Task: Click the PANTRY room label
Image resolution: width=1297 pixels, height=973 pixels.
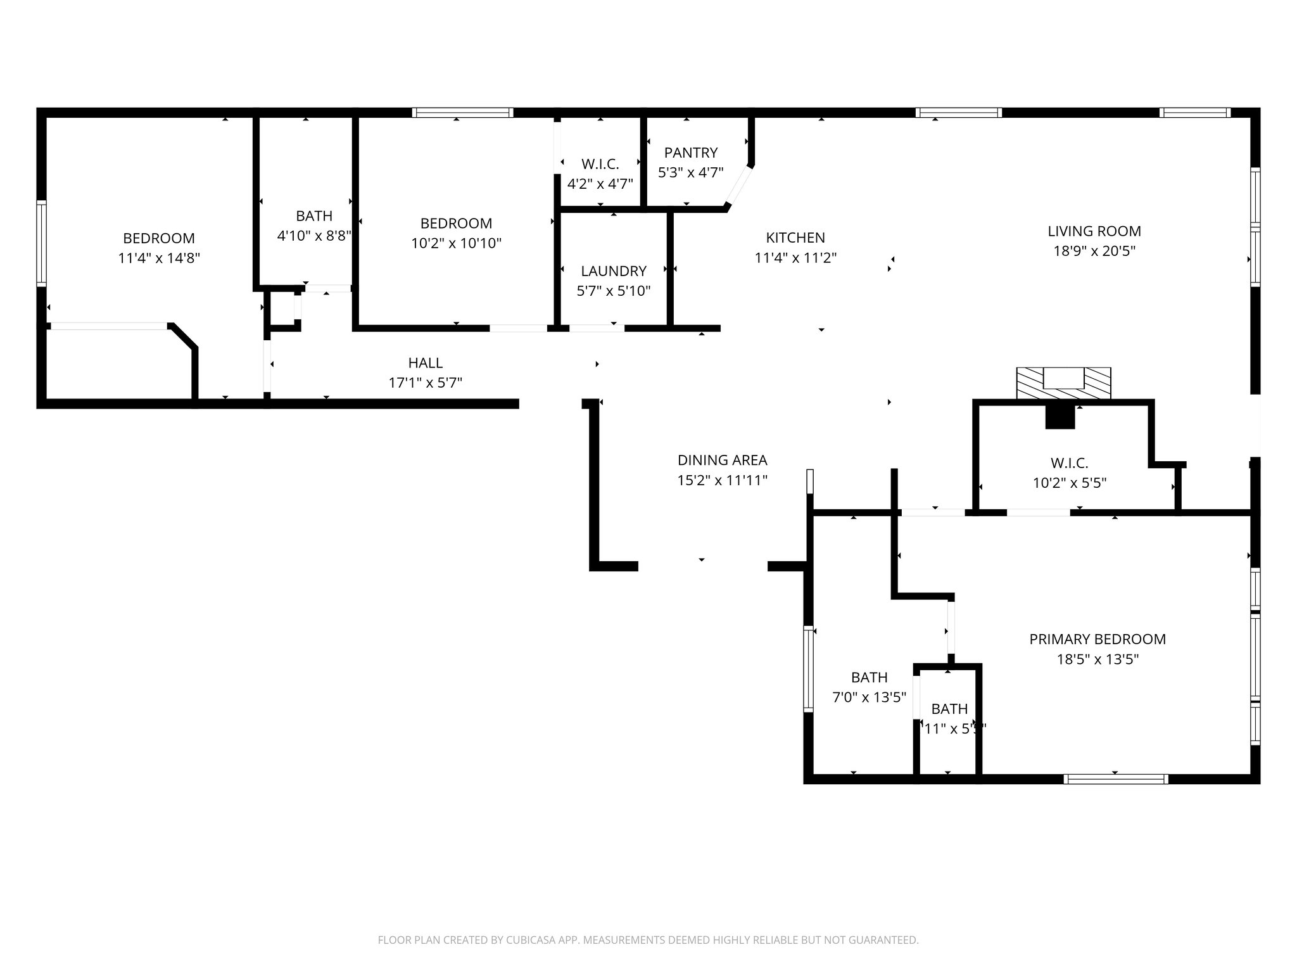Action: click(x=690, y=153)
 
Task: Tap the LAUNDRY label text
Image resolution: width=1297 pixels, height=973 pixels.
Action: click(x=613, y=271)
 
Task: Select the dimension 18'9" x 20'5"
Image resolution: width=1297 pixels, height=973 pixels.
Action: click(x=1094, y=251)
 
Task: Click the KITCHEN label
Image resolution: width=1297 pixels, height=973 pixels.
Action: click(x=795, y=238)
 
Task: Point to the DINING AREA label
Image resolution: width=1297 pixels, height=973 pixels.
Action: click(x=722, y=460)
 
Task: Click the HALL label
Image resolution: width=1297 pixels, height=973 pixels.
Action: click(x=425, y=363)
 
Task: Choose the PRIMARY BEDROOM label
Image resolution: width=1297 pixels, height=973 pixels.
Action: click(x=1097, y=639)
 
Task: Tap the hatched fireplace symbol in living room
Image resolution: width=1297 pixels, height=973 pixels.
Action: click(x=1063, y=383)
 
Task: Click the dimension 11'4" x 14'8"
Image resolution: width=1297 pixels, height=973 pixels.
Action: click(x=159, y=258)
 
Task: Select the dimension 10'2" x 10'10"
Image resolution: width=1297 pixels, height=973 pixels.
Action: click(x=456, y=243)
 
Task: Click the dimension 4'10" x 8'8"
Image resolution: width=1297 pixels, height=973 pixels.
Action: click(x=314, y=236)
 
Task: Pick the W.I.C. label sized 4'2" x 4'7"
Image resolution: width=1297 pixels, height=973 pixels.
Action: click(x=600, y=164)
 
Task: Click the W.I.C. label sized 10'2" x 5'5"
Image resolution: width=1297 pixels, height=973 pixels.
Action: click(x=1069, y=463)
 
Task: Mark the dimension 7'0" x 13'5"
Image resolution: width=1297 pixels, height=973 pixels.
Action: click(x=869, y=697)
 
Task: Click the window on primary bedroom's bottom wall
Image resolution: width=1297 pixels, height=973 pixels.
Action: click(x=1116, y=779)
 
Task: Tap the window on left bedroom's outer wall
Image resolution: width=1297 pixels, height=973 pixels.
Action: click(x=42, y=243)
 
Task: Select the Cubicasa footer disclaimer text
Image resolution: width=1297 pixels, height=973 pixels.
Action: click(x=648, y=940)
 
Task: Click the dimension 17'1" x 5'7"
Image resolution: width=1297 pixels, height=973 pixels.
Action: click(x=425, y=383)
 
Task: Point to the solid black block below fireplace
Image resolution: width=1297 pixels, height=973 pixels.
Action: click(x=1060, y=417)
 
